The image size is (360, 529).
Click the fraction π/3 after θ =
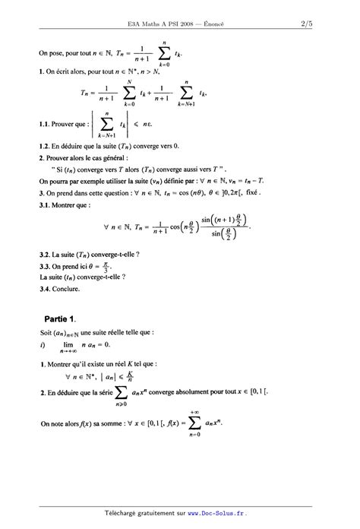coord(107,267)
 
